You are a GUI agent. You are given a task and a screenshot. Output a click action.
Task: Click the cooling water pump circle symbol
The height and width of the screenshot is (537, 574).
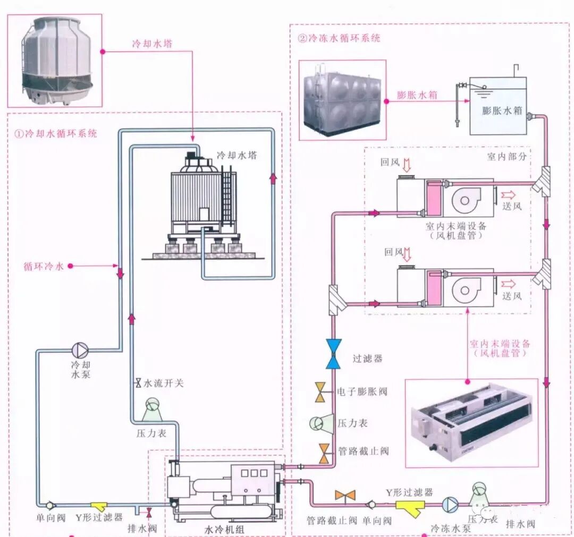[81, 350]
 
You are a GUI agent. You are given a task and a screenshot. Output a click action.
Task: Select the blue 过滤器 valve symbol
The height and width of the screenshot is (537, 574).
[334, 354]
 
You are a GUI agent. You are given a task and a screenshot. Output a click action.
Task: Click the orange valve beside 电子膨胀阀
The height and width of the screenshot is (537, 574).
[322, 392]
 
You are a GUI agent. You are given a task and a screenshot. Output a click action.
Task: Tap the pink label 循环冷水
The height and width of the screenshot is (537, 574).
[44, 266]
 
